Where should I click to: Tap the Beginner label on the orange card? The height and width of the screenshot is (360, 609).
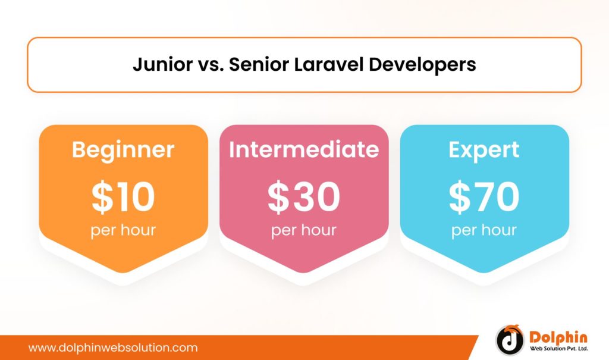point(123,149)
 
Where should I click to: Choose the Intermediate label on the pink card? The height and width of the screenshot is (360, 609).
point(304,149)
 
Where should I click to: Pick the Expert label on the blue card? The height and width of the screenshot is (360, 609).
point(484,149)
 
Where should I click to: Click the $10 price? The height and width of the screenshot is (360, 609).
point(123,198)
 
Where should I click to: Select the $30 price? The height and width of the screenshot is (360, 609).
point(304,198)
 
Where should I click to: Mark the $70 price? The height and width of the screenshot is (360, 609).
point(484,198)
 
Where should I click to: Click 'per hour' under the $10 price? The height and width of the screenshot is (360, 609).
point(123,230)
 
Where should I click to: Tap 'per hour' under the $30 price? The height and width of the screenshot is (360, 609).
point(304,230)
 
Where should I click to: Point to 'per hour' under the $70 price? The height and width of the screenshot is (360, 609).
point(484,230)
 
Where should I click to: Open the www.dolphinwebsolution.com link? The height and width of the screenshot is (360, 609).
point(113,348)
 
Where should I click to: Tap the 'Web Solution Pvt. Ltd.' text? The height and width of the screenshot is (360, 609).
point(559,348)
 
